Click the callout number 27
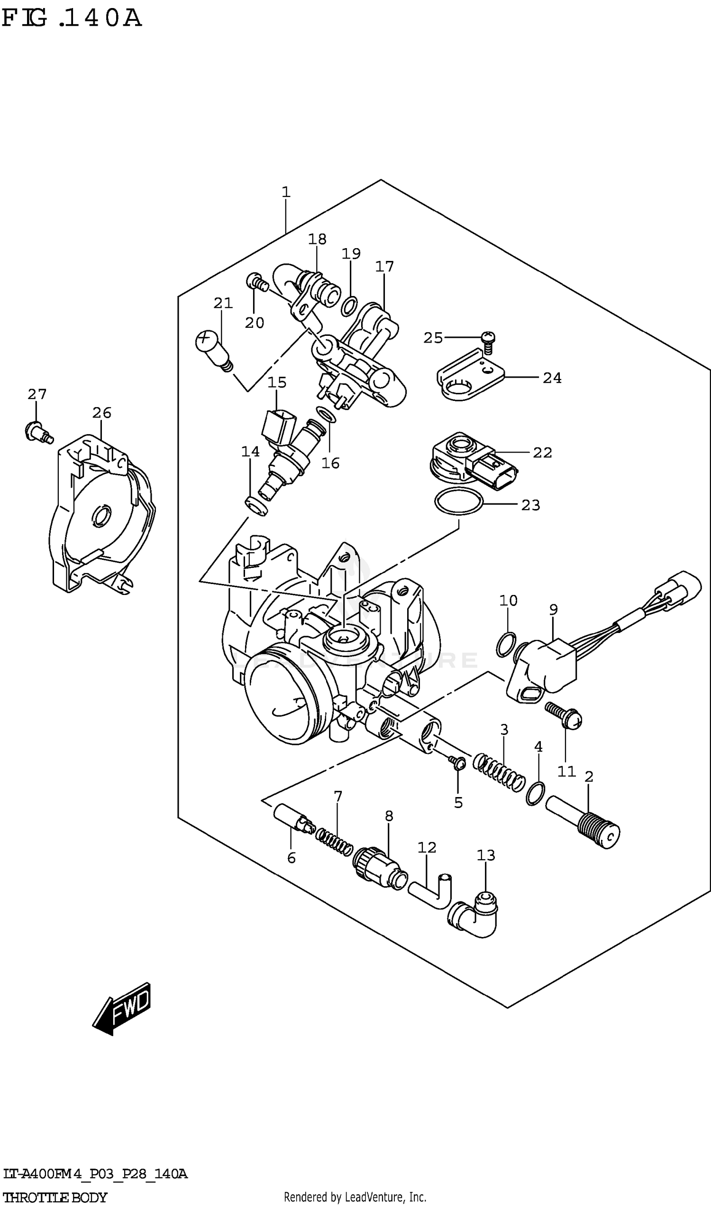coord(37,394)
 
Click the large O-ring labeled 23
coord(458,501)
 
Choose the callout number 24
coord(552,378)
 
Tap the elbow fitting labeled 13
coord(474,916)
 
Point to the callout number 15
coord(277,383)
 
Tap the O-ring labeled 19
coord(349,306)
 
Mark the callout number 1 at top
coord(286,192)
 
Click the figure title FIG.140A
coord(72,18)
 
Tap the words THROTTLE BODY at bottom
coord(55,1197)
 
